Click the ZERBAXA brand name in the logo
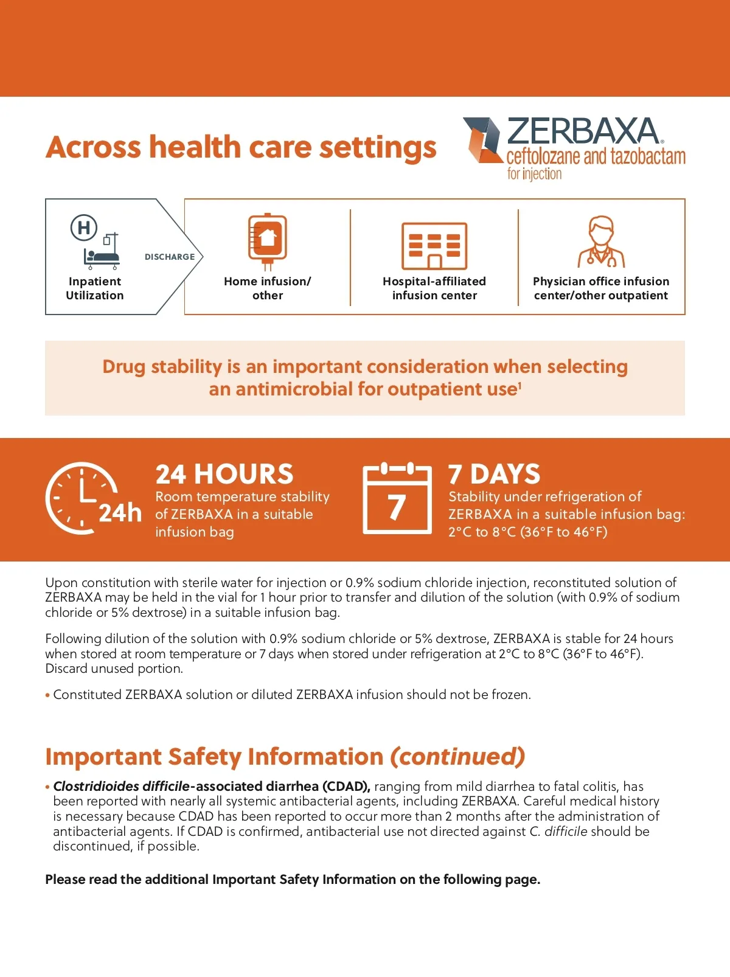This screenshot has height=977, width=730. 582,131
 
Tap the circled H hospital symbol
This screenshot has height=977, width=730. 84,228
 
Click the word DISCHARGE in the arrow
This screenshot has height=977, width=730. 170,257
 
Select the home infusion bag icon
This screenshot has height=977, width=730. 267,241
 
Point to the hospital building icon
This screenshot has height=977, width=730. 434,246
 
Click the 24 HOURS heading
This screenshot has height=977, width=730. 224,474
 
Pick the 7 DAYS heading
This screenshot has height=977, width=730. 494,474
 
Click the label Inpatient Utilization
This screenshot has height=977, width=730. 95,288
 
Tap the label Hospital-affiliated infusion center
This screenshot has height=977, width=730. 434,288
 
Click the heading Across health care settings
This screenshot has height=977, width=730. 241,147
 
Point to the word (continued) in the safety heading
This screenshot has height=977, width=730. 457,757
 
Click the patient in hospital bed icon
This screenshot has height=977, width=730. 102,256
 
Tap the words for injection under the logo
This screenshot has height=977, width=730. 534,174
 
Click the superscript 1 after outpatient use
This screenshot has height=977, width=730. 520,384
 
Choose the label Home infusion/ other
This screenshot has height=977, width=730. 267,288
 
